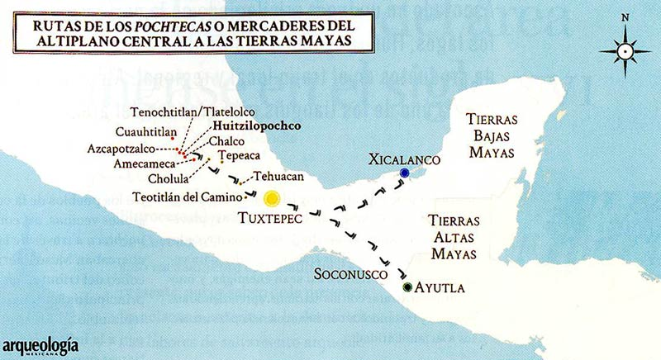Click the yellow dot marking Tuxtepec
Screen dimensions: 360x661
click(x=271, y=198)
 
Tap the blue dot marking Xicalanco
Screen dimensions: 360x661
click(x=404, y=173)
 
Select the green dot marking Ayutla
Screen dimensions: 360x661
click(x=408, y=287)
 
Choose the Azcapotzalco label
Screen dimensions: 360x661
click(x=131, y=149)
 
